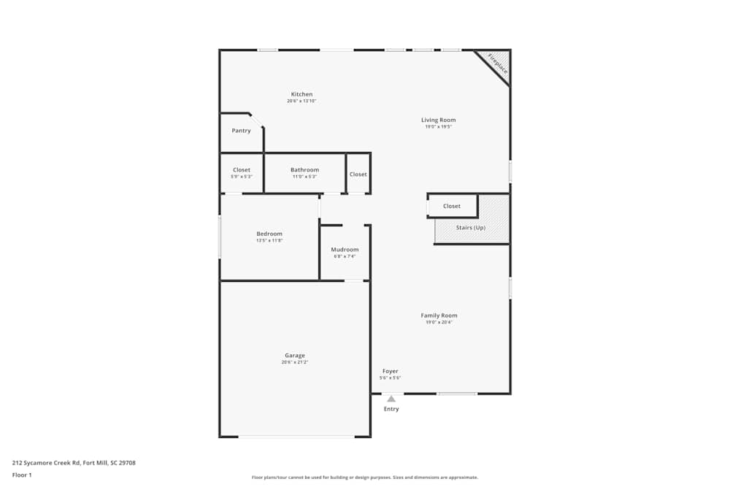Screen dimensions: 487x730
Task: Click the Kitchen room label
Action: [x=301, y=94]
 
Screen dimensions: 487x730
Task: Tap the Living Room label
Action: [x=438, y=120]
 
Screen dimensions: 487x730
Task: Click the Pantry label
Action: [x=241, y=131]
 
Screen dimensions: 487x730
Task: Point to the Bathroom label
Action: [x=304, y=170]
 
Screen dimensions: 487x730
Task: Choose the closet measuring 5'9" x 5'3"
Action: [x=241, y=170]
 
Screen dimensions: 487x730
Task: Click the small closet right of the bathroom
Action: [x=358, y=175]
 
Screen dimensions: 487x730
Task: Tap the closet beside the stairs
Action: [x=452, y=206]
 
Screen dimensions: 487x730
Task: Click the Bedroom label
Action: [x=269, y=234]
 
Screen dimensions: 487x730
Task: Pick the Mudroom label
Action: [x=345, y=250]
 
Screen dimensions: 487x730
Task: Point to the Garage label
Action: [x=295, y=356]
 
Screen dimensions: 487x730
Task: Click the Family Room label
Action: [x=439, y=315]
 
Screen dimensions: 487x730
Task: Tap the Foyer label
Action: [x=390, y=371]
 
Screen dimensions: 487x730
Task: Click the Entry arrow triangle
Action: [x=391, y=399]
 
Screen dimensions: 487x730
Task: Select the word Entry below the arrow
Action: [x=391, y=409]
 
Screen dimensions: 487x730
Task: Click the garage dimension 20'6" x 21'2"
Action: [x=295, y=363]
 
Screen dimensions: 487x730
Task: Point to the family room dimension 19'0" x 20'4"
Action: [x=439, y=322]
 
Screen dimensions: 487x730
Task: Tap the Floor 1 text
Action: [x=22, y=475]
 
